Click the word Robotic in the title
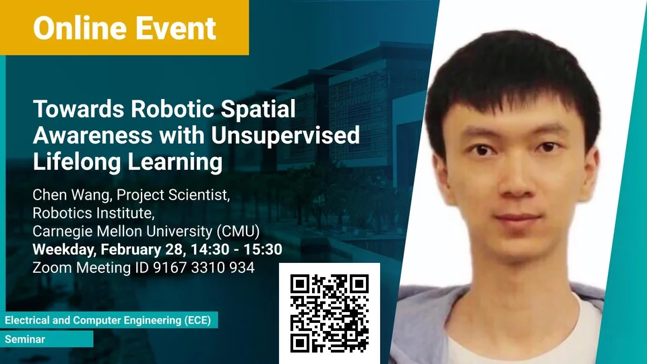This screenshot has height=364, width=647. point(172,109)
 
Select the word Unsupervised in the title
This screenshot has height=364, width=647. point(285,135)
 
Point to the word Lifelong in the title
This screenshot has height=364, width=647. point(77,161)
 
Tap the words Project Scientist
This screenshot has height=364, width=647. point(173,195)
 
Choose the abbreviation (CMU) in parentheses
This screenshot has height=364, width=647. point(238,231)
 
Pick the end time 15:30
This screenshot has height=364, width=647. point(263,249)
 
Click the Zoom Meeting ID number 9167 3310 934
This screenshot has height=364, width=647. point(204,268)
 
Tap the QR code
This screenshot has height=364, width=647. point(330,313)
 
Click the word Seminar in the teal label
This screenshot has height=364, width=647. point(25,339)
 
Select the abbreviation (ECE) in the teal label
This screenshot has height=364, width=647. point(197,320)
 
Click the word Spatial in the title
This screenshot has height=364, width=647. point(258,110)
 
